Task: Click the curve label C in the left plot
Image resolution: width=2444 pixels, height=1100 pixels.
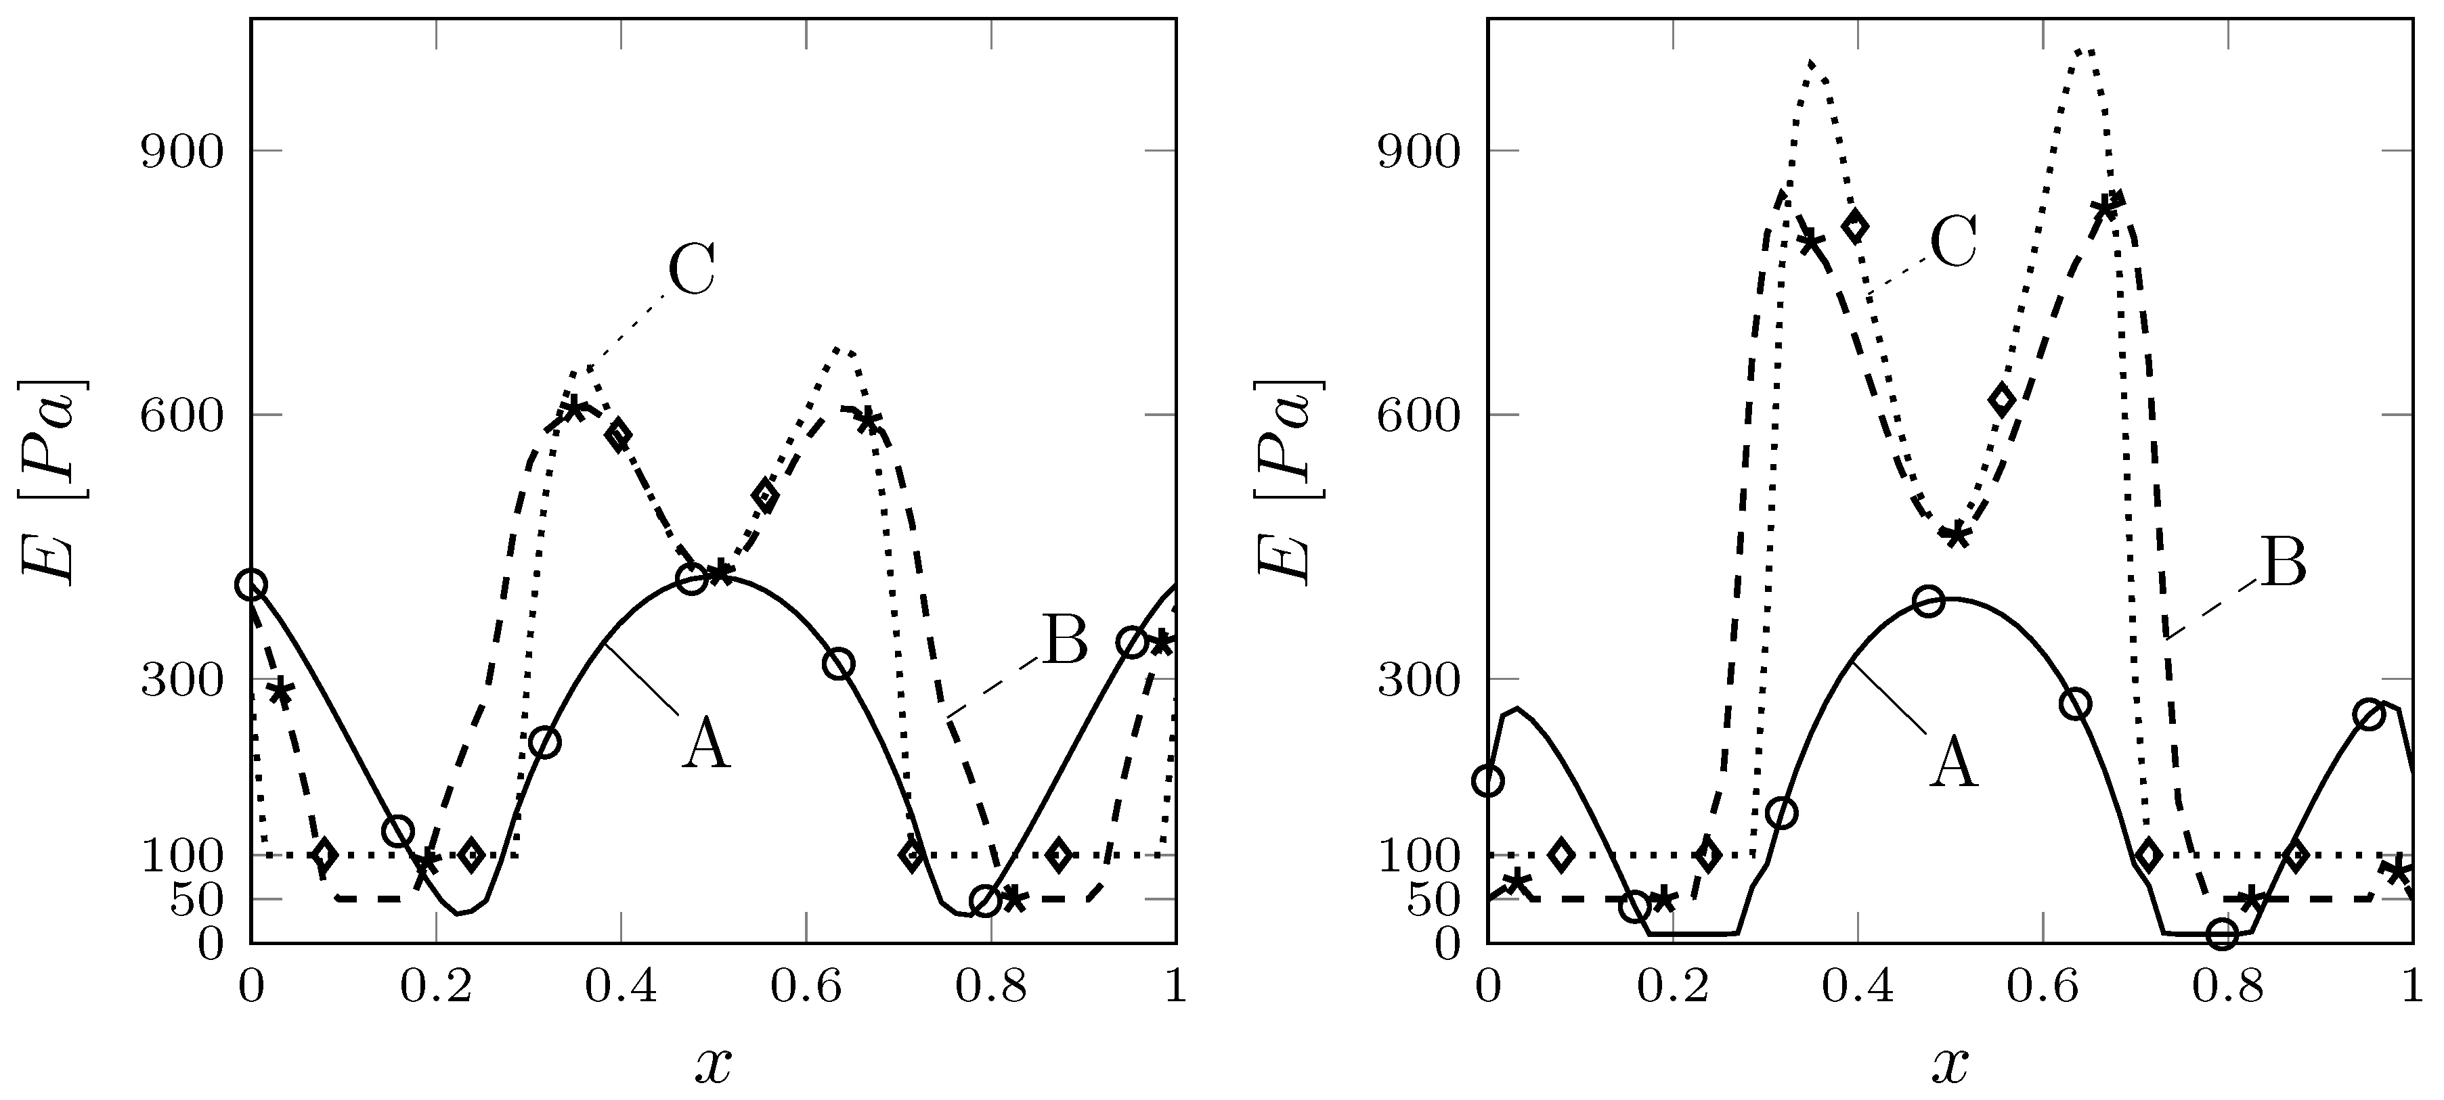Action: coord(692,270)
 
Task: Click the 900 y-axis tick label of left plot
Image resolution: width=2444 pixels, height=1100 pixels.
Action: coord(181,151)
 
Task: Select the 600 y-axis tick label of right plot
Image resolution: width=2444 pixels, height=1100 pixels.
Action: coord(1418,415)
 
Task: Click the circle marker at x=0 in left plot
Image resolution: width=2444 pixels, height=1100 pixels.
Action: coord(251,585)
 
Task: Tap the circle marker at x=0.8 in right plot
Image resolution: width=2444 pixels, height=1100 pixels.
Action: coord(2222,935)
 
